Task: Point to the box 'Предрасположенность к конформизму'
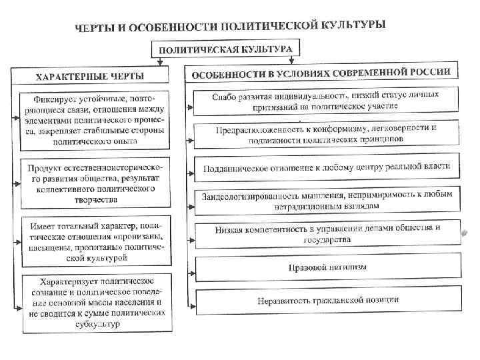point(325,133)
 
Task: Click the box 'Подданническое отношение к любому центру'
point(325,166)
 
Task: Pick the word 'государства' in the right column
point(327,239)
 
